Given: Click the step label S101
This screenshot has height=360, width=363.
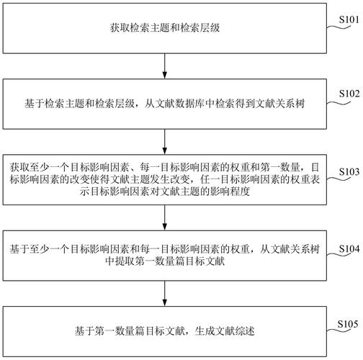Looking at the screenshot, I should (x=347, y=17).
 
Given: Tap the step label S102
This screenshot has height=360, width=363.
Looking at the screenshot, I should (x=347, y=94).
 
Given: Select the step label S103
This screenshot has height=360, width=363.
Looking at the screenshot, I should (x=347, y=171).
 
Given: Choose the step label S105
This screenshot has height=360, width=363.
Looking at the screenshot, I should (x=347, y=324).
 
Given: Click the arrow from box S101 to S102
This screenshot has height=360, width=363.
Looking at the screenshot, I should (x=165, y=66).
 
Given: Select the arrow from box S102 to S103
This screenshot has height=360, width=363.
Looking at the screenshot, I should (x=165, y=142).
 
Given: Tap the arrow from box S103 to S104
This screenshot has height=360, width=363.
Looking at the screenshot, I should (x=165, y=219).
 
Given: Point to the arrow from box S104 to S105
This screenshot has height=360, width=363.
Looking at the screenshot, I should (x=165, y=295).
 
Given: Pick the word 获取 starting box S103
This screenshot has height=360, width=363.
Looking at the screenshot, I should (x=17, y=166).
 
